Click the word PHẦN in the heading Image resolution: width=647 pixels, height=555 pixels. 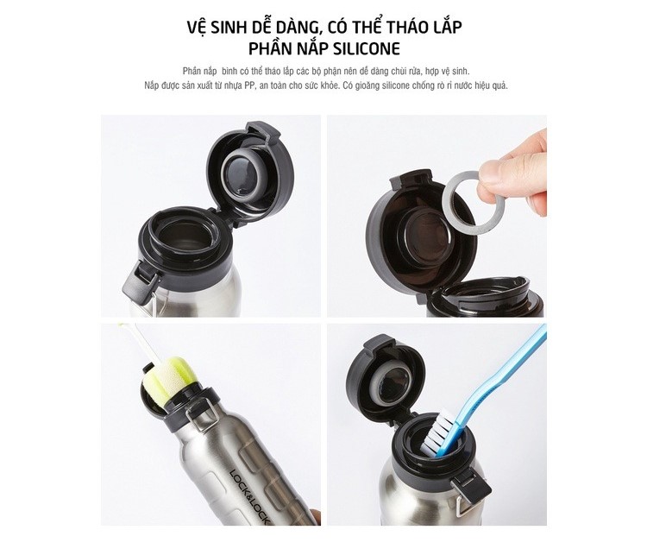pyautogui.click(x=270, y=48)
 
